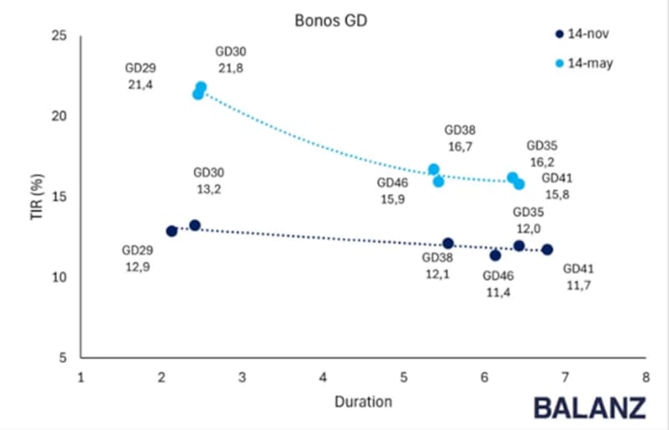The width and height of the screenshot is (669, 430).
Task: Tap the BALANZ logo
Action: click(x=590, y=407)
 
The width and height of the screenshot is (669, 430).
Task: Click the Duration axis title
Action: click(x=363, y=402)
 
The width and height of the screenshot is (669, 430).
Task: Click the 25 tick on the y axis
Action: click(x=59, y=36)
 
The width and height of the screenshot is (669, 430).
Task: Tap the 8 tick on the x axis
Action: click(x=645, y=376)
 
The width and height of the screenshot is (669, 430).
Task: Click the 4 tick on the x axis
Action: click(x=323, y=376)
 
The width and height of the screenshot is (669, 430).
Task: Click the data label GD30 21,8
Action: click(x=230, y=59)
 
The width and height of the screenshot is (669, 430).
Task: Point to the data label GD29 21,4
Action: click(x=140, y=76)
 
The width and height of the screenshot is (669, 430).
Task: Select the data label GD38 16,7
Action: click(x=460, y=138)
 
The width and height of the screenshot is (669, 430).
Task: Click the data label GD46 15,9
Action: click(x=392, y=191)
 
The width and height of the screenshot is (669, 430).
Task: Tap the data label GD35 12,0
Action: click(x=528, y=220)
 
